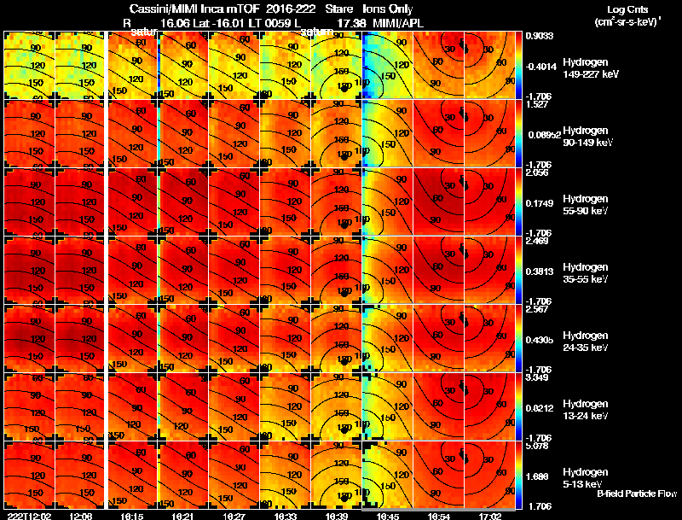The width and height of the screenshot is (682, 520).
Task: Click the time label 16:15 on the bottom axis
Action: (x=132, y=516)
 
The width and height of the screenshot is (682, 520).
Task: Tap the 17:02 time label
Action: (x=490, y=516)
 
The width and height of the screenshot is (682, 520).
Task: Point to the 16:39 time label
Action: (x=337, y=516)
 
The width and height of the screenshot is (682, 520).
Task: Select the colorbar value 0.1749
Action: (x=537, y=202)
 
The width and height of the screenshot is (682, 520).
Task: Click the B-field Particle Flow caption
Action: (x=636, y=494)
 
